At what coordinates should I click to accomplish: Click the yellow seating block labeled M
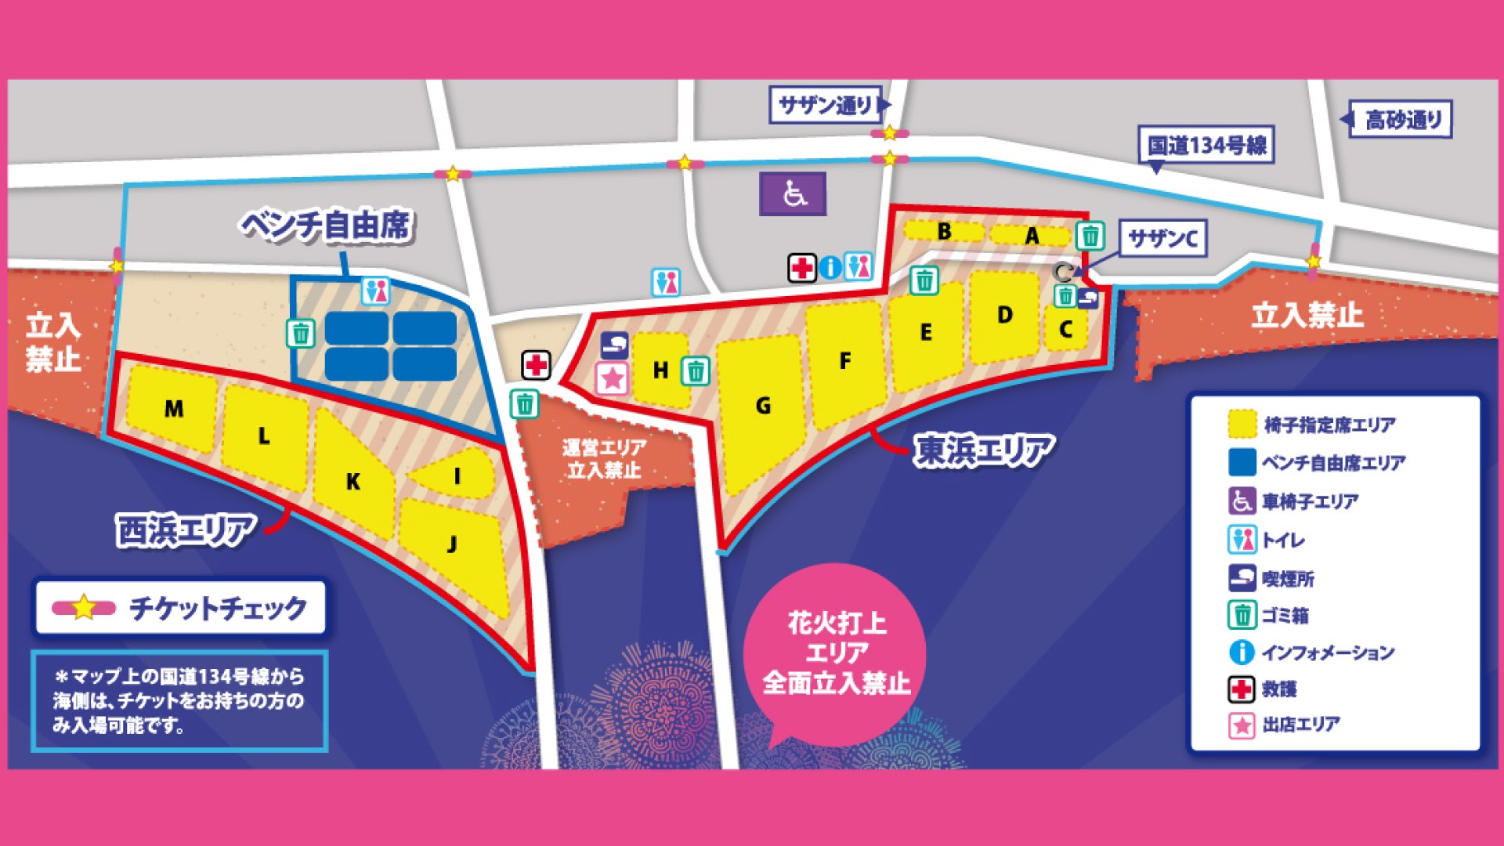pos(173,408)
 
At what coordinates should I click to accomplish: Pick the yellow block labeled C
pos(1065,329)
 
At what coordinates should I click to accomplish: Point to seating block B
pos(944,232)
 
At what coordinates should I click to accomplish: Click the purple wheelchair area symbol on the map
pos(793,194)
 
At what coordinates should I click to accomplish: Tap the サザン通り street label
pos(826,104)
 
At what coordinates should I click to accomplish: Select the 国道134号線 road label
pos(1206,146)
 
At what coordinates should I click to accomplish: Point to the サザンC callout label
pos(1163,238)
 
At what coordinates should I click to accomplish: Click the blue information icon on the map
pos(830,268)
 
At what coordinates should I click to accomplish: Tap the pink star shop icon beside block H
pos(613,379)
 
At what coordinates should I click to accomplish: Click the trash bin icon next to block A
pos(1090,235)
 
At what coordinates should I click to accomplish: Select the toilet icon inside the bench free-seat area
pos(376,291)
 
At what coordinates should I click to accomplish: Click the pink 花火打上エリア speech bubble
pos(836,654)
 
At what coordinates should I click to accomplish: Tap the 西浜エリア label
pos(186,530)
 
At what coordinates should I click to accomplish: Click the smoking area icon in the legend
pos(1242,578)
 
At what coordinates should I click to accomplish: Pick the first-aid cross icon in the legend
pos(1241,689)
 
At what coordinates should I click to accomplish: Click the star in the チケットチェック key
pos(84,608)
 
